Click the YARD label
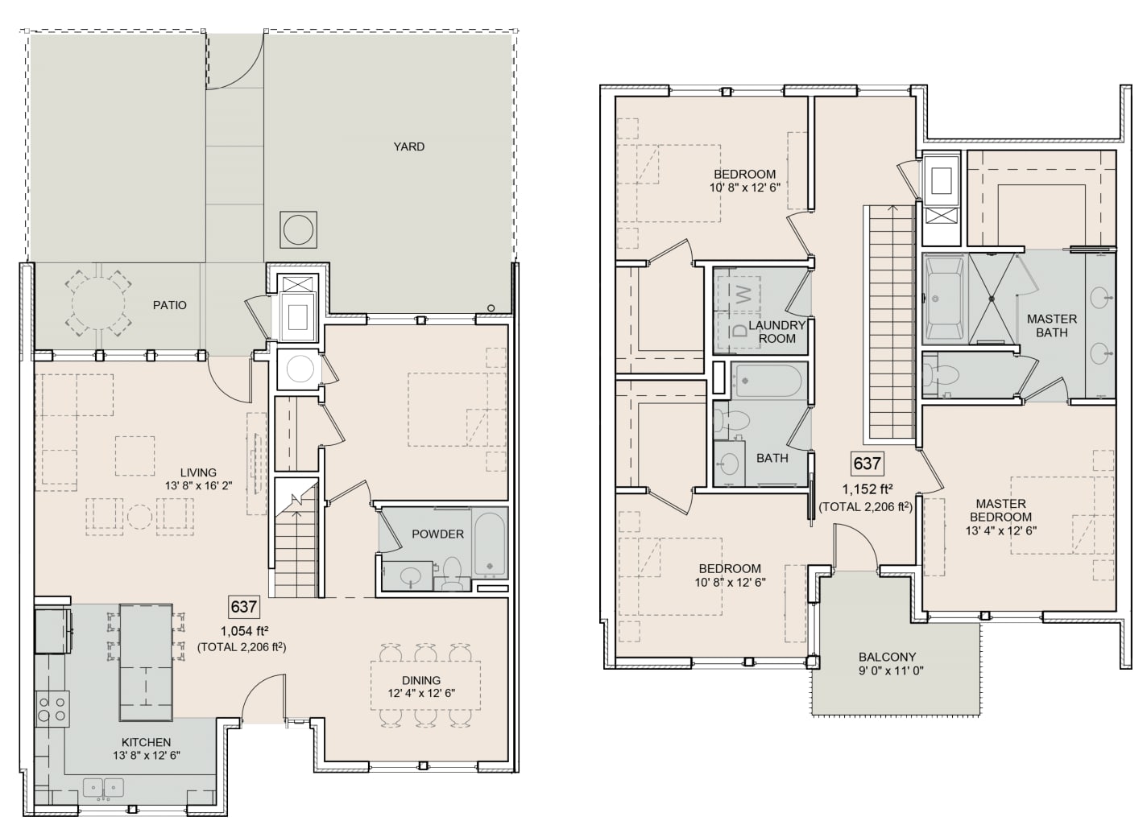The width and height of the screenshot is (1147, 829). click(x=408, y=146)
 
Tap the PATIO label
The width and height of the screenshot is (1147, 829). click(x=169, y=306)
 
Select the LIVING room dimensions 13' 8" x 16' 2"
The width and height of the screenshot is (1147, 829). click(x=199, y=486)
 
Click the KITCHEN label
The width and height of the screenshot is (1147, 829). click(x=146, y=742)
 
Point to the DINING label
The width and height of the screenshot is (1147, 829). click(x=421, y=680)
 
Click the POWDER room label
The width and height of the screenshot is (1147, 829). click(x=438, y=534)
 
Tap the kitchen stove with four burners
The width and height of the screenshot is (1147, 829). click(x=52, y=708)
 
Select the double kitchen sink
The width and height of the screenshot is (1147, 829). click(x=103, y=789)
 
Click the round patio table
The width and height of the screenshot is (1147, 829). click(x=99, y=306)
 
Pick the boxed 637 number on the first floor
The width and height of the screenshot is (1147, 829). click(x=243, y=607)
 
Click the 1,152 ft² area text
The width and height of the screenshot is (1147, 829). click(x=865, y=489)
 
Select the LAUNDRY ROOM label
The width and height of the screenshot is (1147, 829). click(x=776, y=332)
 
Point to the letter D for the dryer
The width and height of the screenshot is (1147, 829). click(x=740, y=331)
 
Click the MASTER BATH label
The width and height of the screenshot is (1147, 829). click(x=1052, y=325)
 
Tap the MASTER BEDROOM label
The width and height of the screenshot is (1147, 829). click(x=1001, y=510)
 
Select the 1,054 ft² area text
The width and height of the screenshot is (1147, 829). click(x=245, y=630)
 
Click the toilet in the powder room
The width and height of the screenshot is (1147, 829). click(x=452, y=573)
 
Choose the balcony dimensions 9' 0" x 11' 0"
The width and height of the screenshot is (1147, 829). click(x=891, y=670)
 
